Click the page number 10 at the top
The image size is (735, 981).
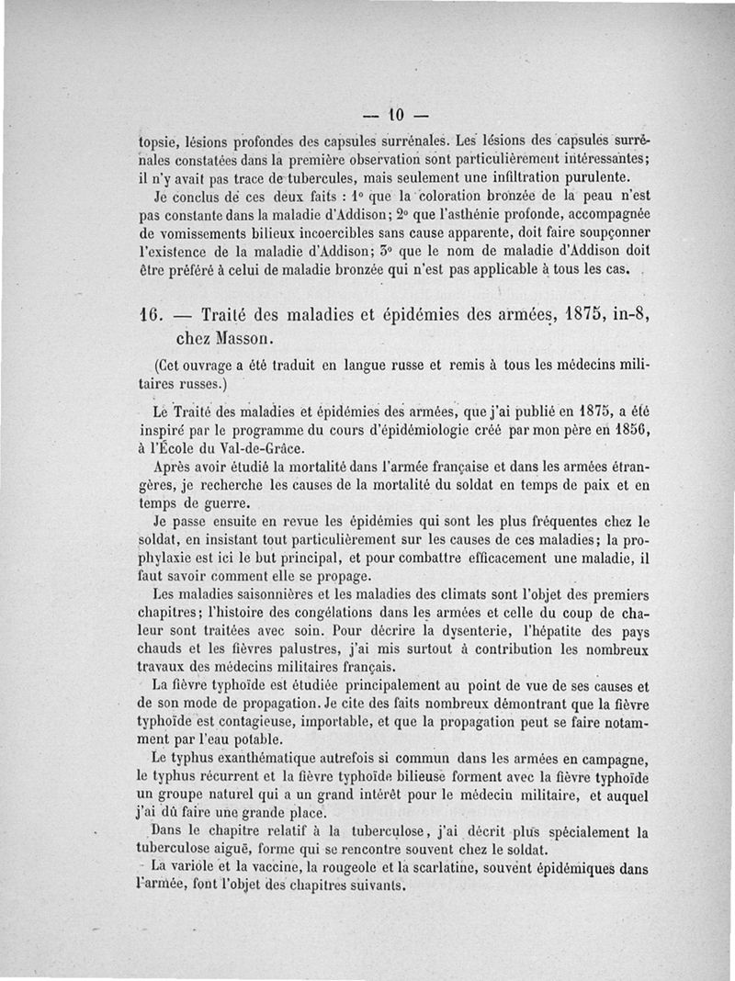396,117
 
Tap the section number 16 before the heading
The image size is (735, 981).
148,313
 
